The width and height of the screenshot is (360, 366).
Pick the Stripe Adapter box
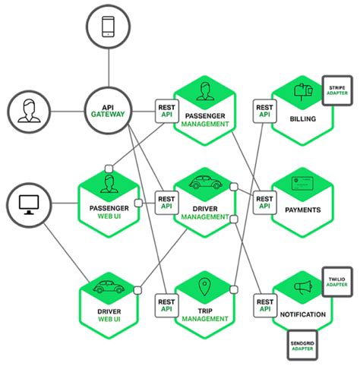pyautogui.click(x=336, y=92)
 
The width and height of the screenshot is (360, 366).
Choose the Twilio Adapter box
pyautogui.click(x=336, y=283)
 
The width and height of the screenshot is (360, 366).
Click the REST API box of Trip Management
pyautogui.click(x=166, y=304)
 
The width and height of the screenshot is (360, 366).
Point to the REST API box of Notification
pyautogui.click(x=264, y=304)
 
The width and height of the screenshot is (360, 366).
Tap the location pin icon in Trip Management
pyautogui.click(x=203, y=286)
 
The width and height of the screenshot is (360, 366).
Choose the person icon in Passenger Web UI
pyautogui.click(x=109, y=183)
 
